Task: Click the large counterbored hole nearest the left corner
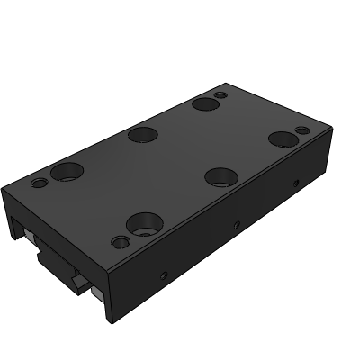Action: pos(67,170)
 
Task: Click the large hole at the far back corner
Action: pos(202,104)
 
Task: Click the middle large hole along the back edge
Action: pos(142,136)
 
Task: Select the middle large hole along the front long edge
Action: pos(219,175)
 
